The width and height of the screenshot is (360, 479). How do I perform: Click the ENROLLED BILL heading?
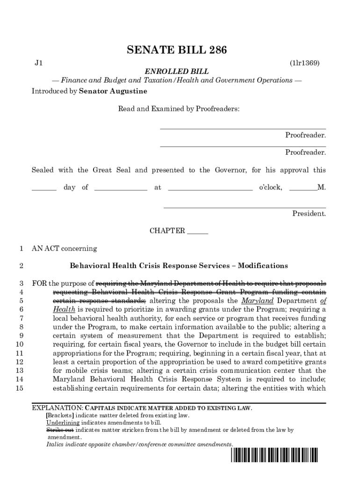point(176,72)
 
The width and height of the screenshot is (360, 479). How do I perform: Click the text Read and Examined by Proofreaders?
point(179,109)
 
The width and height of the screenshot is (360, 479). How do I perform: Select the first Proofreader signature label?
point(305,135)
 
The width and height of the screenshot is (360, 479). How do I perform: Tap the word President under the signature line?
point(309,214)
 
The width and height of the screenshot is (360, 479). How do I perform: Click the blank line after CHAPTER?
point(197,232)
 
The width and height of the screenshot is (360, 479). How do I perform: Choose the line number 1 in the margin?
point(21,249)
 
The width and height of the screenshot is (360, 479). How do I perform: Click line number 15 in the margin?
point(19,388)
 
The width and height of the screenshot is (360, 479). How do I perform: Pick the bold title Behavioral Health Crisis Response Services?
point(179,266)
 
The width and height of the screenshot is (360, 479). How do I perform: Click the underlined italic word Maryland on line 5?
point(257,300)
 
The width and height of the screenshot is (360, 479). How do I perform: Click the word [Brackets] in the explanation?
point(60,415)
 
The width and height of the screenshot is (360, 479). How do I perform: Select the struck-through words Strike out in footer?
point(60,430)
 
